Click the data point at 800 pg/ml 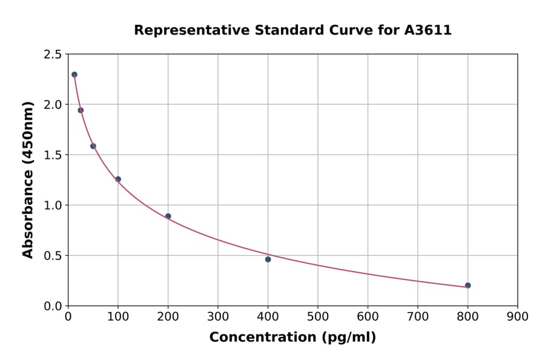(467, 285)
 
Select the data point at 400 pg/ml (268, 259)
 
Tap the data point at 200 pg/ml (168, 216)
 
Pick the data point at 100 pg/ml (118, 179)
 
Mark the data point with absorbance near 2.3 (74, 75)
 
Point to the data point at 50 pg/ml (93, 146)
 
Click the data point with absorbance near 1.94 (81, 110)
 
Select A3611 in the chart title (428, 30)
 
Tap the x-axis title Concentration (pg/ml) (292, 338)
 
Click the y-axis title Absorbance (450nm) (28, 179)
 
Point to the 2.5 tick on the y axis (52, 55)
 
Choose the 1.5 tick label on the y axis (52, 155)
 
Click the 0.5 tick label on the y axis (52, 256)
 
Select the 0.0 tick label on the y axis (52, 306)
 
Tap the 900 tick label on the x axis (517, 316)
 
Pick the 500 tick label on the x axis (317, 316)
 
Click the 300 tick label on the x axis (218, 316)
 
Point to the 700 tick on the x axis (417, 316)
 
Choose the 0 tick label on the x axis (68, 316)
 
